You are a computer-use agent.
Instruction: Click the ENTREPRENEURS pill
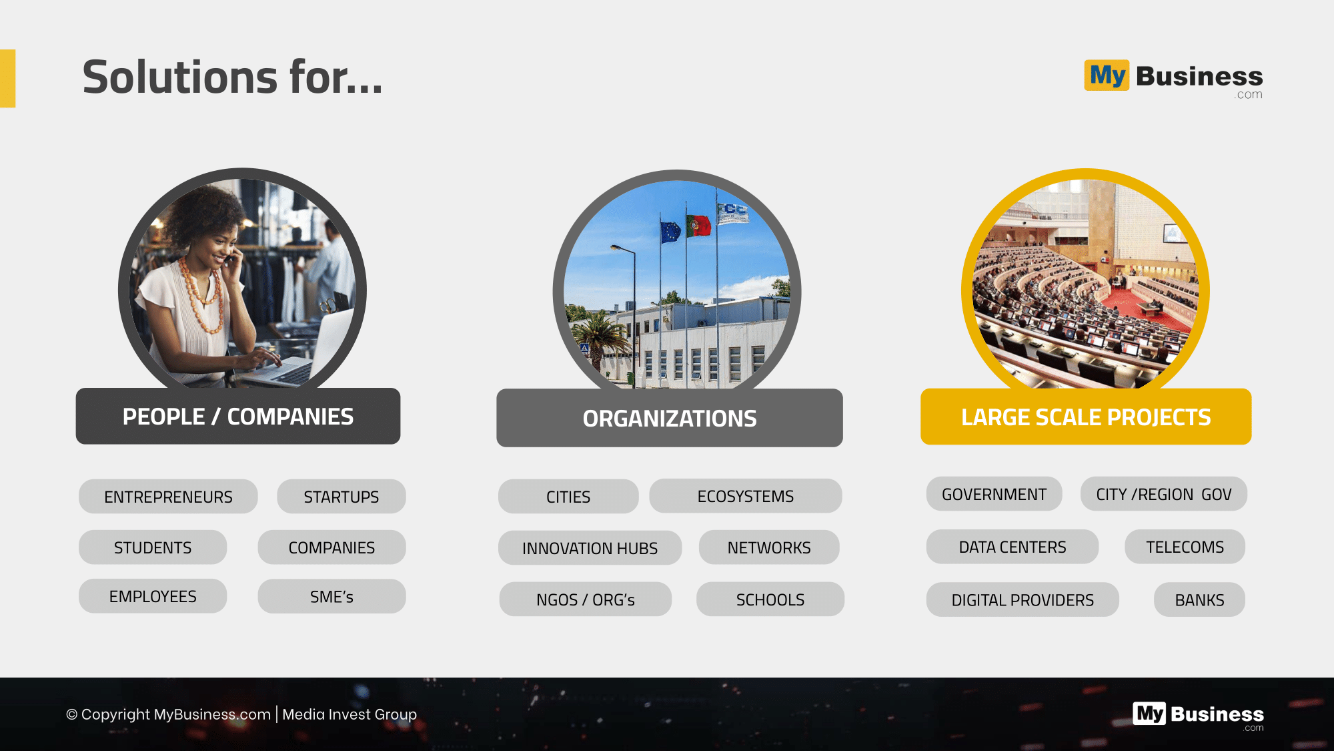pyautogui.click(x=168, y=496)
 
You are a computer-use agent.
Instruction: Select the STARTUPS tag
pyautogui.click(x=342, y=496)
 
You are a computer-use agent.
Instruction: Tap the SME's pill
pyautogui.click(x=331, y=596)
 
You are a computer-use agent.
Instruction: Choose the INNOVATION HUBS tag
pyautogui.click(x=590, y=548)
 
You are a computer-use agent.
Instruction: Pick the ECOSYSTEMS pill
pyautogui.click(x=746, y=496)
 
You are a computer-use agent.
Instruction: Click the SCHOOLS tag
pyautogui.click(x=770, y=599)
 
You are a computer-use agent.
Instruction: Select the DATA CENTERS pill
pyautogui.click(x=1013, y=547)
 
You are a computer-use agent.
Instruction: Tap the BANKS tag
pyautogui.click(x=1199, y=599)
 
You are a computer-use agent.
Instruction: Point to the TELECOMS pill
pyautogui.click(x=1185, y=547)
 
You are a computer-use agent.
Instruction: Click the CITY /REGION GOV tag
pyautogui.click(x=1164, y=494)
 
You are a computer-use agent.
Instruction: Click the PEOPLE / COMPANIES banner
pyautogui.click(x=238, y=416)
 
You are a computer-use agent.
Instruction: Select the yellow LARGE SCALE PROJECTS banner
pyautogui.click(x=1086, y=417)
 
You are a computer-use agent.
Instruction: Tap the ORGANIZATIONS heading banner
pyautogui.click(x=670, y=418)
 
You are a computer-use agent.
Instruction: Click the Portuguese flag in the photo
pyautogui.click(x=698, y=226)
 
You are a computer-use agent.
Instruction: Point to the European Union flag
pyautogui.click(x=670, y=232)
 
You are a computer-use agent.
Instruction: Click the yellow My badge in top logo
pyautogui.click(x=1107, y=75)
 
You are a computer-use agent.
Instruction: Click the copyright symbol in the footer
pyautogui.click(x=71, y=714)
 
